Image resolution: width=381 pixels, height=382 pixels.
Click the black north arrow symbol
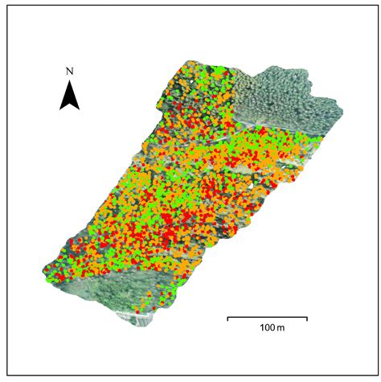(x=70, y=96)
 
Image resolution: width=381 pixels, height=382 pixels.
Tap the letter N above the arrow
(x=70, y=72)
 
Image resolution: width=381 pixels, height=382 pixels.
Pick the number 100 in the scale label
(x=263, y=330)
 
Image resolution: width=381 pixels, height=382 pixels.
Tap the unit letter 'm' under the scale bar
(x=278, y=331)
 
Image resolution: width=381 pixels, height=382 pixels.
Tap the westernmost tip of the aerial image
(x=43, y=269)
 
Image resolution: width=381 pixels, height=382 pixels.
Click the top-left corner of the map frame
(x=7, y=7)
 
